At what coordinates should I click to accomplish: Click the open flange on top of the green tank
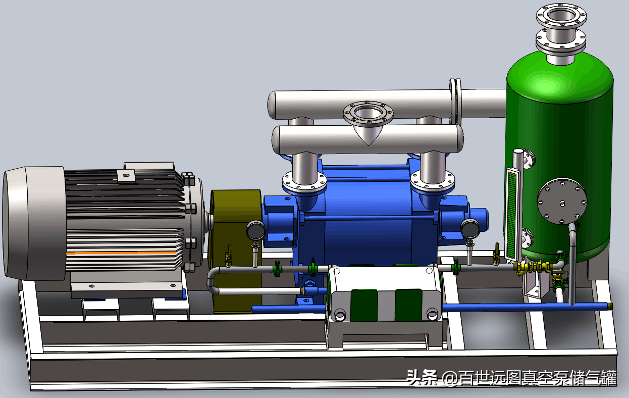pyautogui.click(x=561, y=16)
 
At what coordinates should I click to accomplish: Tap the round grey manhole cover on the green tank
pyautogui.click(x=562, y=201)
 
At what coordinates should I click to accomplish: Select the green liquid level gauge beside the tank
pyautogui.click(x=512, y=215)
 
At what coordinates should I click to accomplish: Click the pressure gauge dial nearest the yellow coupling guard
pyautogui.click(x=255, y=230)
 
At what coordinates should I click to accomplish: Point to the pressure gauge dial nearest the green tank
pyautogui.click(x=470, y=228)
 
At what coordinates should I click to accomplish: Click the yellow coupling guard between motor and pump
pyautogui.click(x=236, y=250)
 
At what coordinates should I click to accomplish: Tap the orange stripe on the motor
pyautogui.click(x=121, y=253)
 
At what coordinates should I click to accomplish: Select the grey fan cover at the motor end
pyautogui.click(x=34, y=223)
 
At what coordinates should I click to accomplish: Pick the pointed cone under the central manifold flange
pyautogui.click(x=368, y=135)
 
